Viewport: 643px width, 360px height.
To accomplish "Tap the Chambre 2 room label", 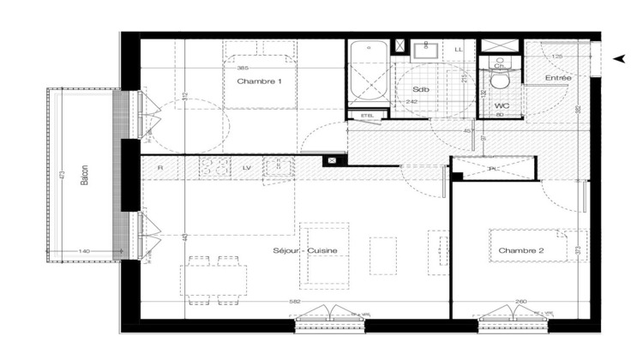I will pyautogui.click(x=521, y=250).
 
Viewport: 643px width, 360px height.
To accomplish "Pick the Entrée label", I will pyautogui.click(x=559, y=79).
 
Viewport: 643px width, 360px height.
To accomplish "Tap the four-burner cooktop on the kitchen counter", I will pyautogui.click(x=215, y=166).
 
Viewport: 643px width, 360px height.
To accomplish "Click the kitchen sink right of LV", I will pyautogui.click(x=277, y=166).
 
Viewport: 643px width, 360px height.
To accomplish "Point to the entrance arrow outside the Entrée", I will pyautogui.click(x=619, y=57).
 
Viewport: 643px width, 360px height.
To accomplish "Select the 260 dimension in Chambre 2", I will pyautogui.click(x=522, y=302).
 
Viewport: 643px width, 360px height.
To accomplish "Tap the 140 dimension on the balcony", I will pyautogui.click(x=84, y=250).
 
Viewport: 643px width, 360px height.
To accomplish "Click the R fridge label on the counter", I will pyautogui.click(x=159, y=167).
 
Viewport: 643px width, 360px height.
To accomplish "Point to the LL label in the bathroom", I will pyautogui.click(x=459, y=50).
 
